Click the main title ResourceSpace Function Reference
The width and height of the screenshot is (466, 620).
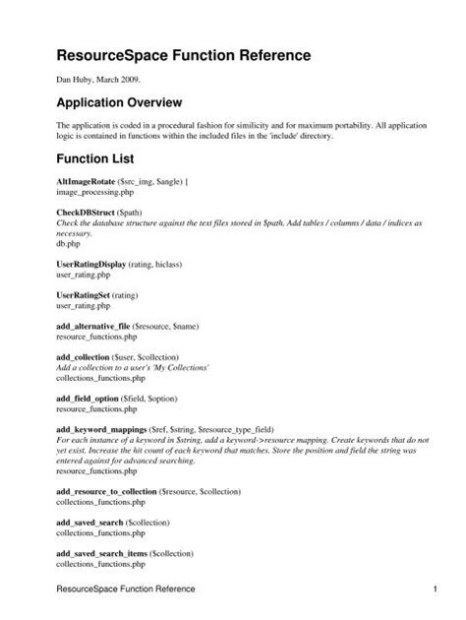pyautogui.click(x=183, y=58)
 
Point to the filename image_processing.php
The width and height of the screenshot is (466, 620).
pyautogui.click(x=96, y=195)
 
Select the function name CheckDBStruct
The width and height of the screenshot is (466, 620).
pyautogui.click(x=84, y=214)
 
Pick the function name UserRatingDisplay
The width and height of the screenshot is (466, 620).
pyautogui.click(x=95, y=266)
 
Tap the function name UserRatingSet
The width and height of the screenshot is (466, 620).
pyautogui.click(x=84, y=295)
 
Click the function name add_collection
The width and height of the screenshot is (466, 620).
pyautogui.click(x=84, y=355)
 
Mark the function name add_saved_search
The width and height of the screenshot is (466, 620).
pyautogui.click(x=90, y=519)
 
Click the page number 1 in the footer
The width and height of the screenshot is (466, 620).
pyautogui.click(x=434, y=589)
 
